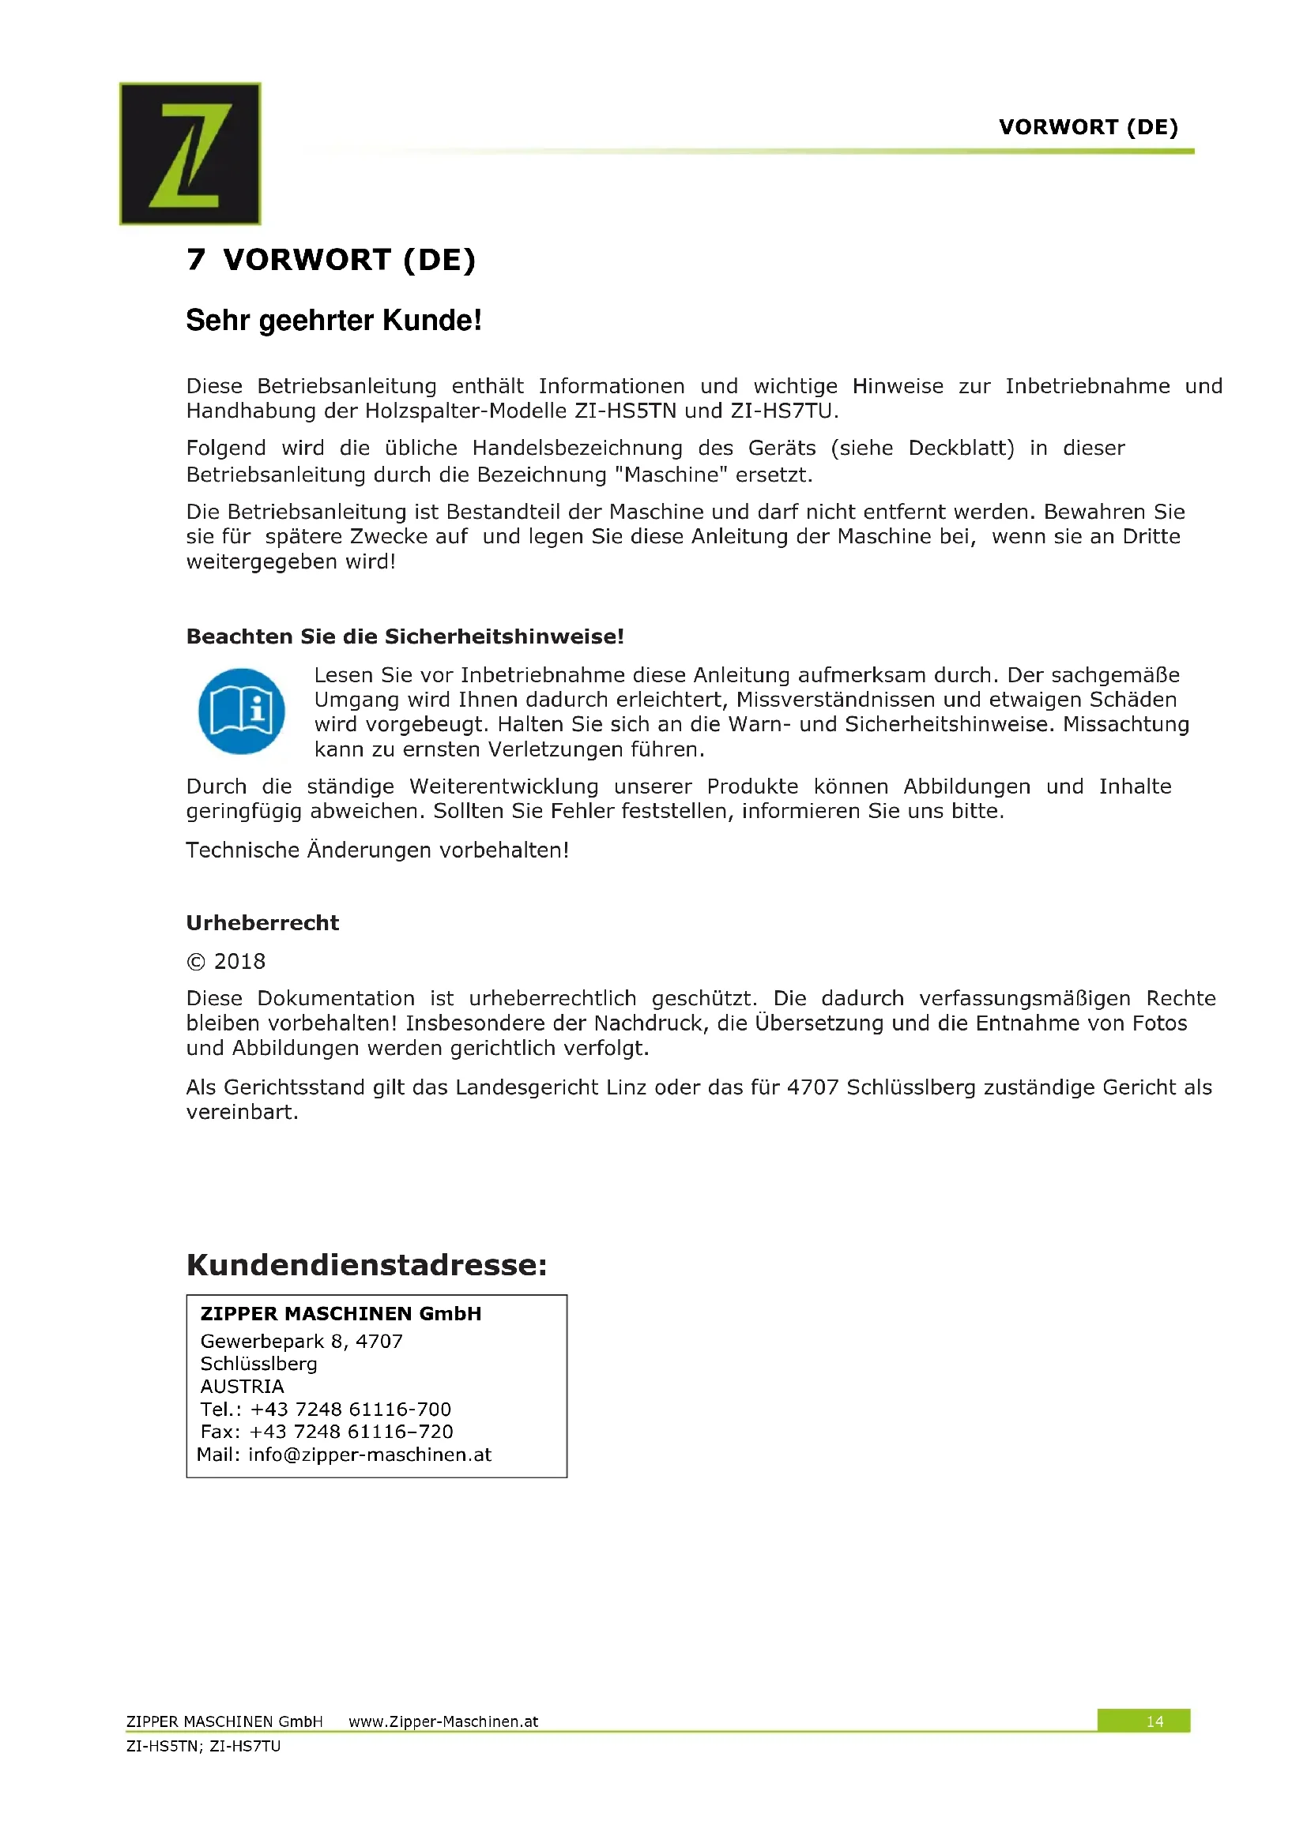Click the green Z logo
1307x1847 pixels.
click(x=190, y=153)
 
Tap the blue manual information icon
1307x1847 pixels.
click(x=242, y=711)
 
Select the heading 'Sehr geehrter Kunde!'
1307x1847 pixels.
click(x=334, y=320)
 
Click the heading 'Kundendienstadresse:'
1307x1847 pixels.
click(x=366, y=1264)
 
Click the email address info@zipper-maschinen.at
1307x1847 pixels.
click(x=369, y=1455)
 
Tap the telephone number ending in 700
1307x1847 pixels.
click(x=350, y=1410)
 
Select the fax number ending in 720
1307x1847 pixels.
click(x=351, y=1432)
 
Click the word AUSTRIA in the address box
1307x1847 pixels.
click(x=243, y=1387)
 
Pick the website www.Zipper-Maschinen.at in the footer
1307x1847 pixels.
click(x=443, y=1721)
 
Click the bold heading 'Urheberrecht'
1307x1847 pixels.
click(x=262, y=922)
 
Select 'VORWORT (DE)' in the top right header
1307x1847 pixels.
click(x=1088, y=127)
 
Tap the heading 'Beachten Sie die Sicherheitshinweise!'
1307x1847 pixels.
click(x=405, y=636)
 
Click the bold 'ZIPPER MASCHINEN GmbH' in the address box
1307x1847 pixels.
click(x=341, y=1314)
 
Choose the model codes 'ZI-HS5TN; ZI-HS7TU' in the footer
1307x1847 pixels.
click(x=204, y=1746)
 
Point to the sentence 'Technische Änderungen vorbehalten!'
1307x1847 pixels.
click(x=378, y=850)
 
